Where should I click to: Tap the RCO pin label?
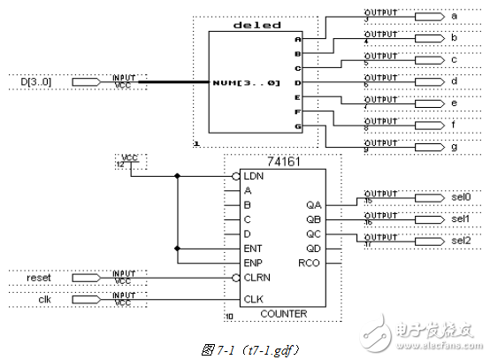tap(309, 263)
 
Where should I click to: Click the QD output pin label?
tap(311, 249)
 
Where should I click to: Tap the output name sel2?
tap(461, 240)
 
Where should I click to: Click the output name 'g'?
tap(454, 143)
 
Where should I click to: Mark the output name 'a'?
tap(454, 16)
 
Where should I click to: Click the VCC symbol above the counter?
tap(129, 160)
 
